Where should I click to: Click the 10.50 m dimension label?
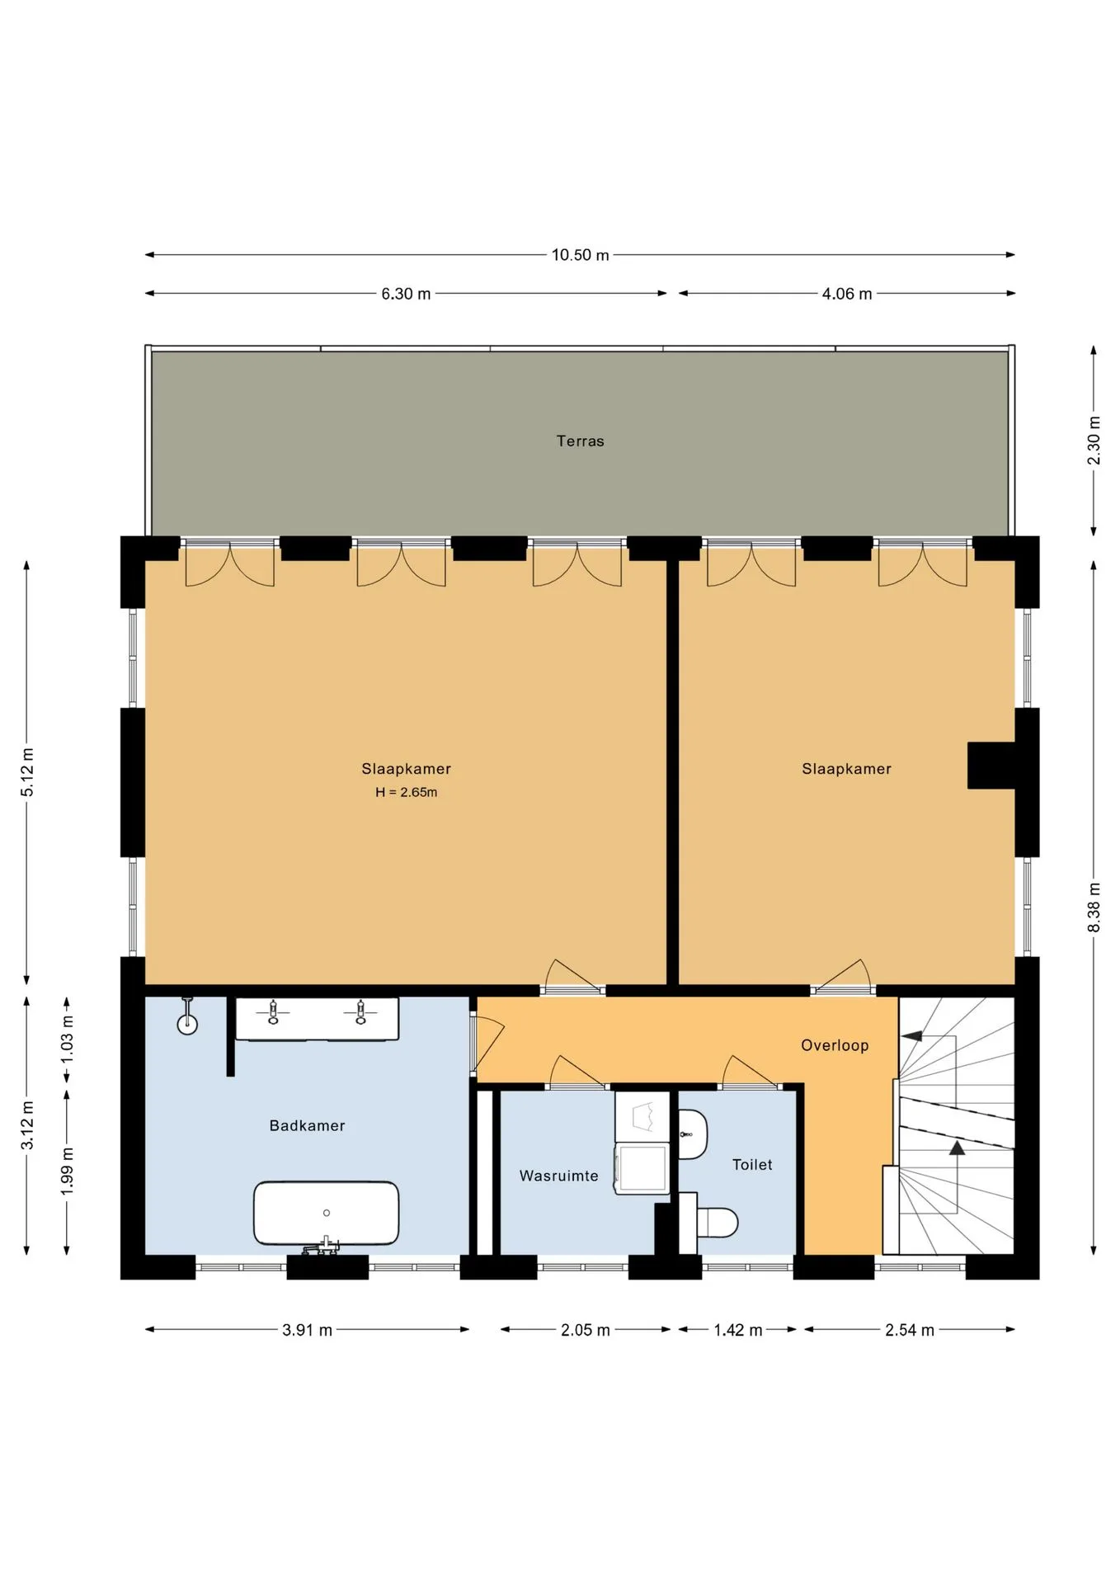(580, 255)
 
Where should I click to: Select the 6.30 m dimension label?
(406, 294)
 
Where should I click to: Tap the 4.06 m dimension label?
(846, 294)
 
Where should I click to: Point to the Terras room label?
(580, 441)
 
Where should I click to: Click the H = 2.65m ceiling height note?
(406, 792)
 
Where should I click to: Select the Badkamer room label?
(307, 1125)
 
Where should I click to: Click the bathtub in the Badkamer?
(326, 1213)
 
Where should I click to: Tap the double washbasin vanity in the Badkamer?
(317, 1019)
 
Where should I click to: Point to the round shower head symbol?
(187, 1024)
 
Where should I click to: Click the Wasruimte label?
(558, 1176)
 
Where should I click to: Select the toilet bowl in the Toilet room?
(716, 1223)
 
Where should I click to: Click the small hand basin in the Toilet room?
(692, 1134)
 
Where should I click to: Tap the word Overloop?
(835, 1045)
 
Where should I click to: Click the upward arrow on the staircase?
(957, 1148)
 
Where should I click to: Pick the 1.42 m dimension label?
(737, 1330)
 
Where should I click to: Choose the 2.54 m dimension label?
(910, 1330)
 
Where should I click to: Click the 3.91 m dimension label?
(307, 1330)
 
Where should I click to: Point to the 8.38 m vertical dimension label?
(1094, 907)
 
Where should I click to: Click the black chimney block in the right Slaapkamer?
(991, 766)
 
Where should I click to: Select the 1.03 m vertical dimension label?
(67, 1039)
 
